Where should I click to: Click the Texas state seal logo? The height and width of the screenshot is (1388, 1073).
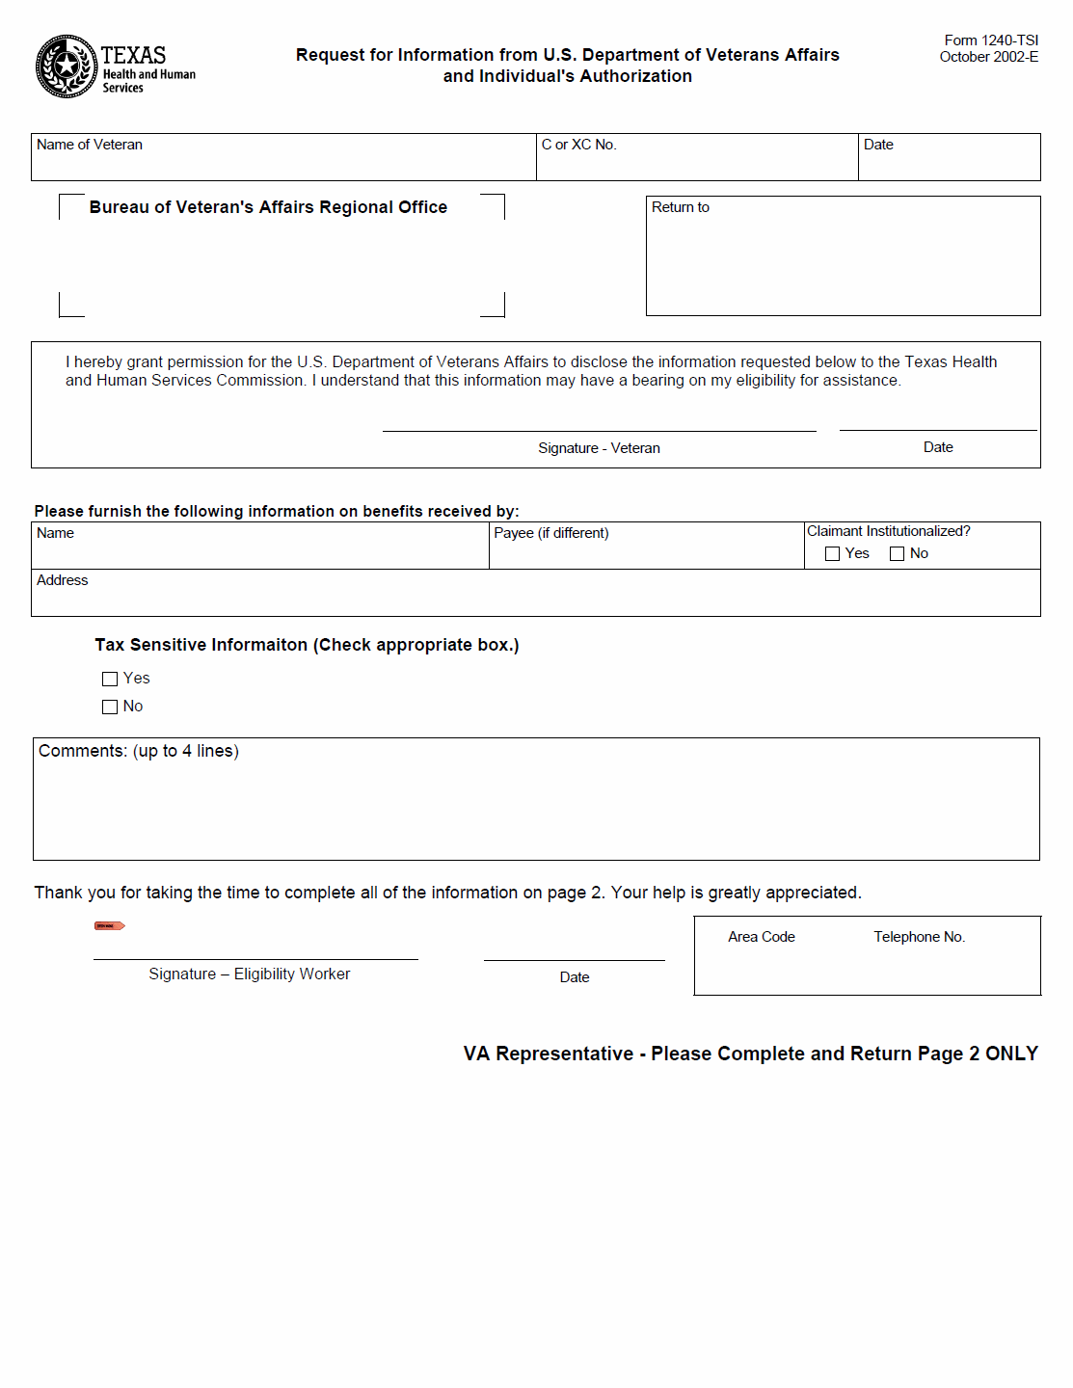[x=66, y=67]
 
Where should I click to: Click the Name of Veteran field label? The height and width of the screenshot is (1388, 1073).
[x=90, y=145]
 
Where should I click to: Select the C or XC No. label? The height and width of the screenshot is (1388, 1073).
[x=578, y=145]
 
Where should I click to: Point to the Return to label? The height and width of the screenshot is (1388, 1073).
[x=681, y=207]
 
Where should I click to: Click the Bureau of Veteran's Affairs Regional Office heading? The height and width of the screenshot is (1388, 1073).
[x=268, y=207]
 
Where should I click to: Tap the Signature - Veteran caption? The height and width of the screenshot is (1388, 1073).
[x=599, y=448]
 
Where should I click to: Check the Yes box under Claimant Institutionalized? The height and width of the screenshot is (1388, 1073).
[x=833, y=554]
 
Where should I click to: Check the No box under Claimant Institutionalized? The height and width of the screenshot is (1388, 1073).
[x=898, y=554]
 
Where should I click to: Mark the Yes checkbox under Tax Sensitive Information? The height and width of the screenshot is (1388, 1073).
[x=110, y=680]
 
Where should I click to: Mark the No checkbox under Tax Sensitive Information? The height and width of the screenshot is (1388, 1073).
[x=110, y=707]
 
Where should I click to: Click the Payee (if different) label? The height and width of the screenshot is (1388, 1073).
[x=551, y=533]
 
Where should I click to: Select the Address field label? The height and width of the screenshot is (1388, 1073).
[x=63, y=580]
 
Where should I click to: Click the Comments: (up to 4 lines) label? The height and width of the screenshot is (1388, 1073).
[x=139, y=751]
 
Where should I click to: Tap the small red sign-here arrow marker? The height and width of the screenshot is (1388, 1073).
[x=109, y=926]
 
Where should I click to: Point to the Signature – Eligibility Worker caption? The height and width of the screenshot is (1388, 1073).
[x=250, y=974]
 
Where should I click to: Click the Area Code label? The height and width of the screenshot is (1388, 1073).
[x=762, y=937]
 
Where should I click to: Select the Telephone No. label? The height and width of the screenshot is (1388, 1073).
[x=920, y=937]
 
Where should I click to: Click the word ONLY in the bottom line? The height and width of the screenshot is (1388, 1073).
[x=1011, y=1054]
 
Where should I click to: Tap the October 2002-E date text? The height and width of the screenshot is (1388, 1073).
[x=989, y=57]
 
